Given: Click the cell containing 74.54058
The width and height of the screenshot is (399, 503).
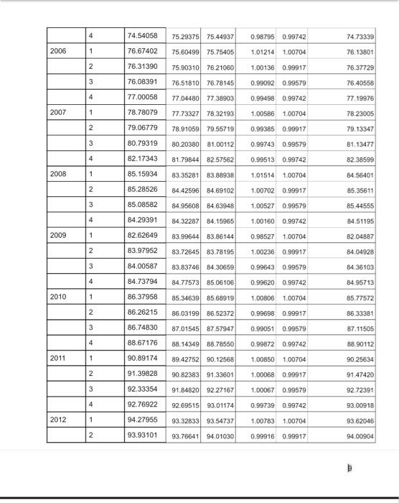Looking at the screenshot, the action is click(142, 35).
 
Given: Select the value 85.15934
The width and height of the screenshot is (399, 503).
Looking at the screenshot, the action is click(142, 173).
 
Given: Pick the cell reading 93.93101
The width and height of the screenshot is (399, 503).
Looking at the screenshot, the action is click(142, 434).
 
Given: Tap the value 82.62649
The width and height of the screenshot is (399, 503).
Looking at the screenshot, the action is click(142, 235).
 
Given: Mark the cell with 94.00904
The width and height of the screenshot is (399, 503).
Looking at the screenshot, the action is click(360, 435).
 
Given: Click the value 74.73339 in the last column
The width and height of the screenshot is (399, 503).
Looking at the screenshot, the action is click(360, 36).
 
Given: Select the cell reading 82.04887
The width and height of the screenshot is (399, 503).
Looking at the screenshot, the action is click(360, 236).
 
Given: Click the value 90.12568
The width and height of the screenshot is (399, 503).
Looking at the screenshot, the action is click(220, 359).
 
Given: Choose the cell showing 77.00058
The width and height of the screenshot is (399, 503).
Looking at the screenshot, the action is click(142, 96).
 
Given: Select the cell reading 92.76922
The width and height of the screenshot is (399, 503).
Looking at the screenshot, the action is click(142, 404).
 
